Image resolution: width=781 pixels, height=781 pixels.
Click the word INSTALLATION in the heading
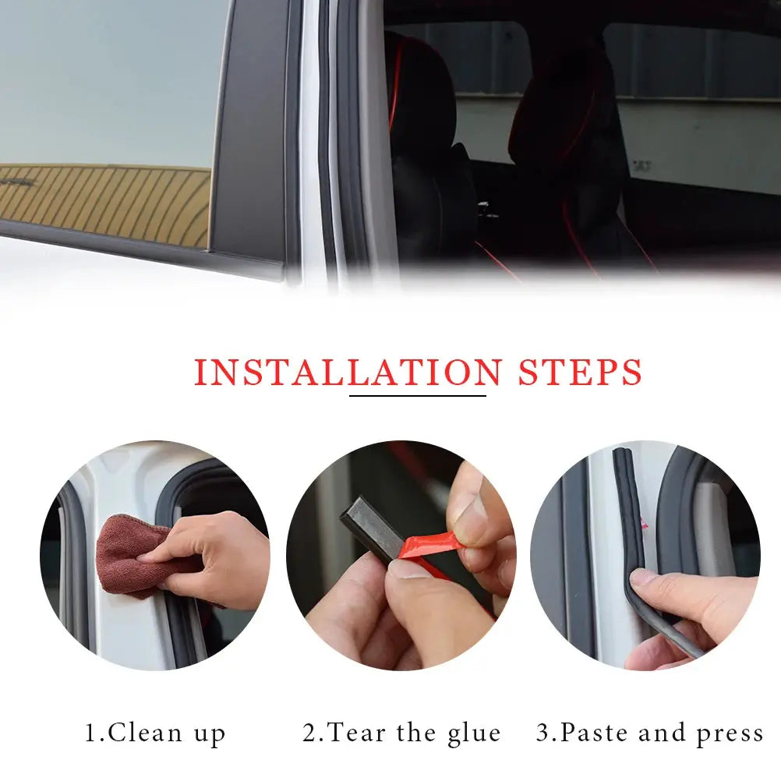[348, 372]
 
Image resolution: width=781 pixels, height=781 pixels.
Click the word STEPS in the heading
[580, 372]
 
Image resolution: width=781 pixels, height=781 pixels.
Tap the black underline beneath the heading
[418, 396]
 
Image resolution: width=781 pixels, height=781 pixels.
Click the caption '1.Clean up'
[155, 733]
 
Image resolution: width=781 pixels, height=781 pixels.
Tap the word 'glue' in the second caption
[474, 734]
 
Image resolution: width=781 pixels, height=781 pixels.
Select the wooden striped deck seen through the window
[104, 204]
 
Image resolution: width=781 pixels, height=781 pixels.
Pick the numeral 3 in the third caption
[542, 733]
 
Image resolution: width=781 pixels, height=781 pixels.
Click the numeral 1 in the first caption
[91, 733]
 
